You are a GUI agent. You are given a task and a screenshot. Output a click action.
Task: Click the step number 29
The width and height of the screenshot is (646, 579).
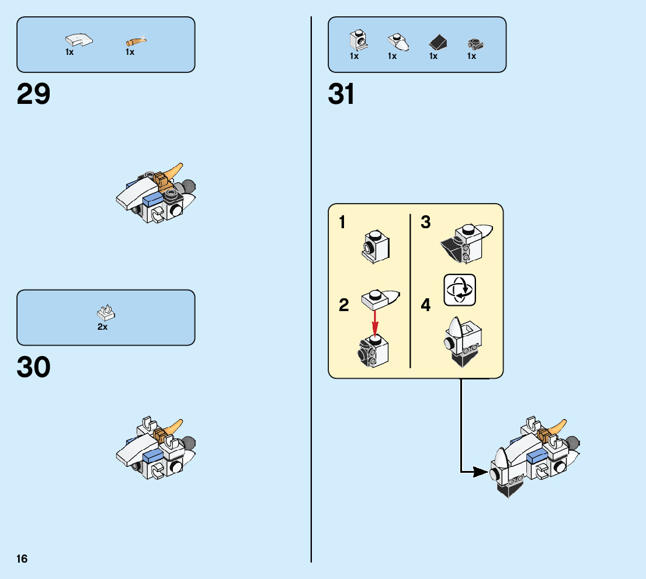tap(34, 95)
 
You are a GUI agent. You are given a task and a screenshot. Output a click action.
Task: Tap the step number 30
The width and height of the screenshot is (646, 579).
tap(34, 368)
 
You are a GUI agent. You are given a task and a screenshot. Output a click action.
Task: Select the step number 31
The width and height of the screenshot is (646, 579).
tap(342, 95)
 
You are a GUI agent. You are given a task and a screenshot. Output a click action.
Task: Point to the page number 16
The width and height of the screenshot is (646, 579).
tap(22, 559)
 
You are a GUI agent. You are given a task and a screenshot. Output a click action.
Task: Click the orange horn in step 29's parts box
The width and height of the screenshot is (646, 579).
tap(136, 41)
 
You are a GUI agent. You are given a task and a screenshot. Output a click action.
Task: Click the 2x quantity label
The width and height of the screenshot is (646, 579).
tap(103, 327)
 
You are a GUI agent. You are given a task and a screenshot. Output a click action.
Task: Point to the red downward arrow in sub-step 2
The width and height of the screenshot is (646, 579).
tap(375, 322)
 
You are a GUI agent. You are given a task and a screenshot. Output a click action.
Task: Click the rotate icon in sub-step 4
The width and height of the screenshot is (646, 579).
tap(460, 289)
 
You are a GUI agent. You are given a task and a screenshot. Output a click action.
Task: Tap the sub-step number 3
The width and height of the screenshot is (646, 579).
tap(425, 222)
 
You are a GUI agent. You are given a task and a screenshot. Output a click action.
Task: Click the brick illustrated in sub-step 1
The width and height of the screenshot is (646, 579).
tap(375, 245)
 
